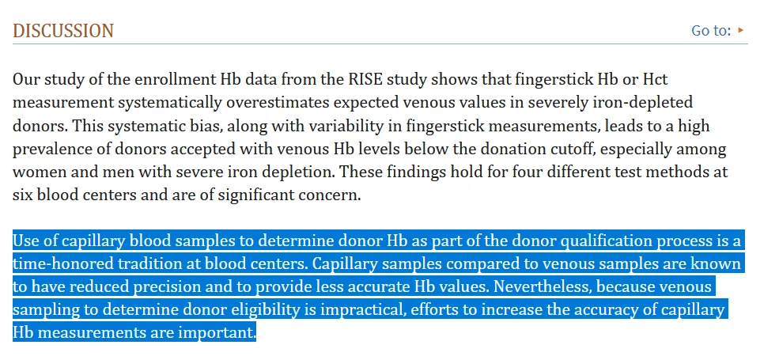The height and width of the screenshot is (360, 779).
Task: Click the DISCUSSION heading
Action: click(63, 32)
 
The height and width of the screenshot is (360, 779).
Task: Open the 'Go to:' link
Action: click(711, 31)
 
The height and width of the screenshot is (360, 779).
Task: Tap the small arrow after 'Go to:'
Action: click(741, 30)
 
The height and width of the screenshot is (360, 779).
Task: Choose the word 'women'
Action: click(39, 172)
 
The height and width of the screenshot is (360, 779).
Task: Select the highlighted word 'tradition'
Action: click(142, 264)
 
